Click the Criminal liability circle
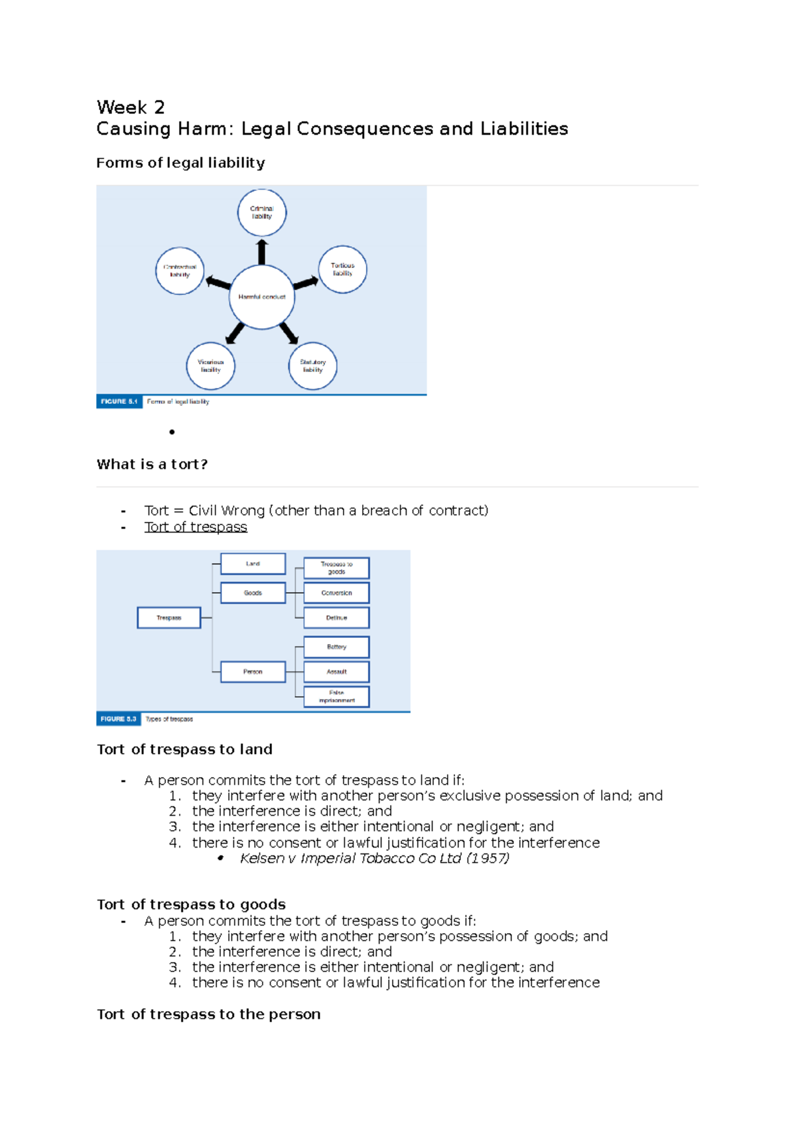tap(262, 212)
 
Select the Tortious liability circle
tap(342, 269)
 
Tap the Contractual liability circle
tap(180, 271)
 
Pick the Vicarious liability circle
tap(211, 366)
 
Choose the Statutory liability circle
tap(313, 366)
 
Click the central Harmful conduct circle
tap(262, 297)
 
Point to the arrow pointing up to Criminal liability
tap(262, 251)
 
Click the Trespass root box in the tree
tap(169, 617)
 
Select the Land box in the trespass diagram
tap(253, 564)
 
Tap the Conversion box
tap(336, 593)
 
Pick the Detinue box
tap(336, 617)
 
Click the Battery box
tap(336, 647)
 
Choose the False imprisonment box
tap(336, 696)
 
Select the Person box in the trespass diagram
tap(253, 672)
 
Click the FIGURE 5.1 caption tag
tap(119, 401)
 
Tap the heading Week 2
tap(131, 107)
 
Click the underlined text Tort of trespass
tap(196, 527)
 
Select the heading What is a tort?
tap(152, 464)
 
